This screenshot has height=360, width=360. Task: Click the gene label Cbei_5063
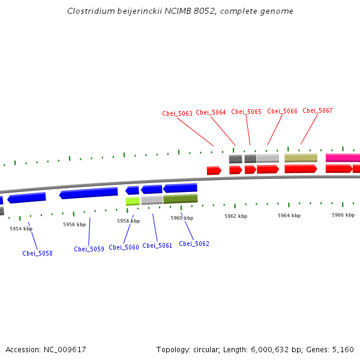(x=177, y=113)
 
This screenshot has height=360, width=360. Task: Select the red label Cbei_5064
(x=211, y=112)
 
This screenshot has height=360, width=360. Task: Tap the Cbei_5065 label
(x=246, y=112)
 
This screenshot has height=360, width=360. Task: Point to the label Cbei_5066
(x=282, y=111)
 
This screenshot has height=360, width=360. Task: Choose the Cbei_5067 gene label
(x=317, y=110)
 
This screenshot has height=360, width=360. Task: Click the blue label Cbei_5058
(x=37, y=253)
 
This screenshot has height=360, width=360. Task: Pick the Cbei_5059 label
(x=89, y=249)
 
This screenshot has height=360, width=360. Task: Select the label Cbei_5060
(x=124, y=247)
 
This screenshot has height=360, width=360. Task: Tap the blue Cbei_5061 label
(x=157, y=245)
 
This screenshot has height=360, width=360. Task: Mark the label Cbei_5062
(x=194, y=244)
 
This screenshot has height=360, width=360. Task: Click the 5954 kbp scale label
(x=21, y=229)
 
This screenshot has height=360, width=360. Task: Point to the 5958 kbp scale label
(x=128, y=221)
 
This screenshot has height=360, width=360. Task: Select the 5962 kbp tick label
(x=236, y=216)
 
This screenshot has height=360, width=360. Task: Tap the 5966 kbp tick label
(x=343, y=214)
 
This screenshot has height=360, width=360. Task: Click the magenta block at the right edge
(x=343, y=158)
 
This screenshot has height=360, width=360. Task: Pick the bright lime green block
(x=133, y=201)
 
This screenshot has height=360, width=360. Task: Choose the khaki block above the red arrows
(x=301, y=158)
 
